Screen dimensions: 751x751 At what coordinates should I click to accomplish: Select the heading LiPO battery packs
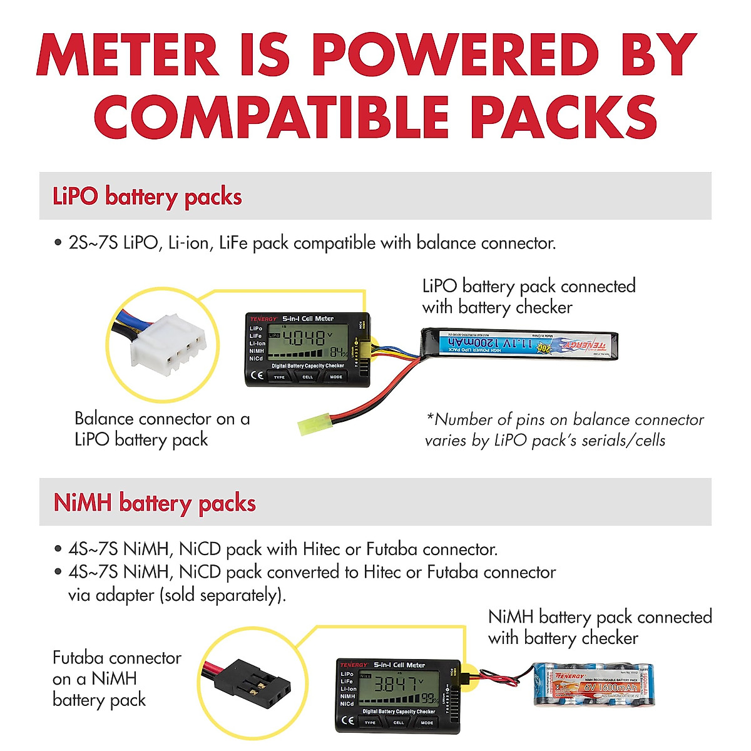click(x=147, y=197)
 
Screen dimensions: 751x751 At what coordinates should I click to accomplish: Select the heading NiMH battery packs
click(x=155, y=503)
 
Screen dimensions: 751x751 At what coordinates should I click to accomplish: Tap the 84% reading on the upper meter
click(x=338, y=354)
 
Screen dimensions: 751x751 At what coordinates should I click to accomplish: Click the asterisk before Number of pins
click(x=430, y=417)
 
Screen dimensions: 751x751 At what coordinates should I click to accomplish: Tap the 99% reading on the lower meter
click(x=429, y=698)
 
